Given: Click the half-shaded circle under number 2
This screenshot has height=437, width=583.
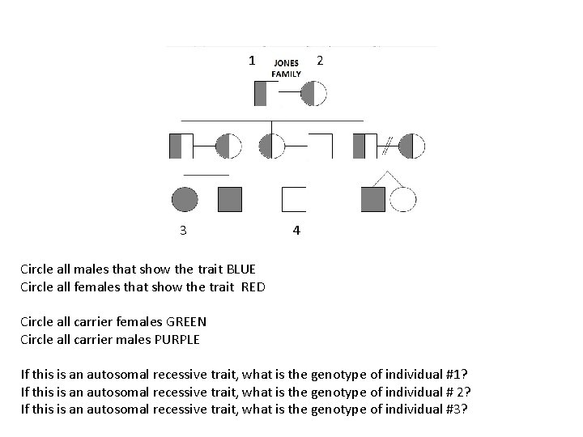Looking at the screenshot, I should click(x=313, y=93).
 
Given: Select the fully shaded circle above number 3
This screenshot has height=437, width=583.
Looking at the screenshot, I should click(x=185, y=199).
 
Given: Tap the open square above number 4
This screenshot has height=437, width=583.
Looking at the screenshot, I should click(x=292, y=199).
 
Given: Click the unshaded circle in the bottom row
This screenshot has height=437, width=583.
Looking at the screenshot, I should click(x=402, y=199).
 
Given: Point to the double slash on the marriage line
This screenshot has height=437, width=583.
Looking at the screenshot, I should click(x=386, y=146).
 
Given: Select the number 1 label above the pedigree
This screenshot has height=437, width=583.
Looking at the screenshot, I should click(x=252, y=60).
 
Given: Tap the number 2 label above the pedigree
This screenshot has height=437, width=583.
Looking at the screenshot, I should click(x=321, y=60).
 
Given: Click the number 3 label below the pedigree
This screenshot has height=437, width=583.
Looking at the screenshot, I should click(x=184, y=230).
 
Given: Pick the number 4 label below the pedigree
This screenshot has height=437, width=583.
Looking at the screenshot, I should click(x=296, y=231).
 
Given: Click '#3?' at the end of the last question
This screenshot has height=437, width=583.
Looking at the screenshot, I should click(x=457, y=408).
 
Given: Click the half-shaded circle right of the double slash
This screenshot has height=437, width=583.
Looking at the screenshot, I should click(x=412, y=146).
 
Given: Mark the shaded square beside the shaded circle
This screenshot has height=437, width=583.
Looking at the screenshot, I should click(x=230, y=199).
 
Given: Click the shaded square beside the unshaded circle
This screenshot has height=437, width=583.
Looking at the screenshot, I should click(x=373, y=199).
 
